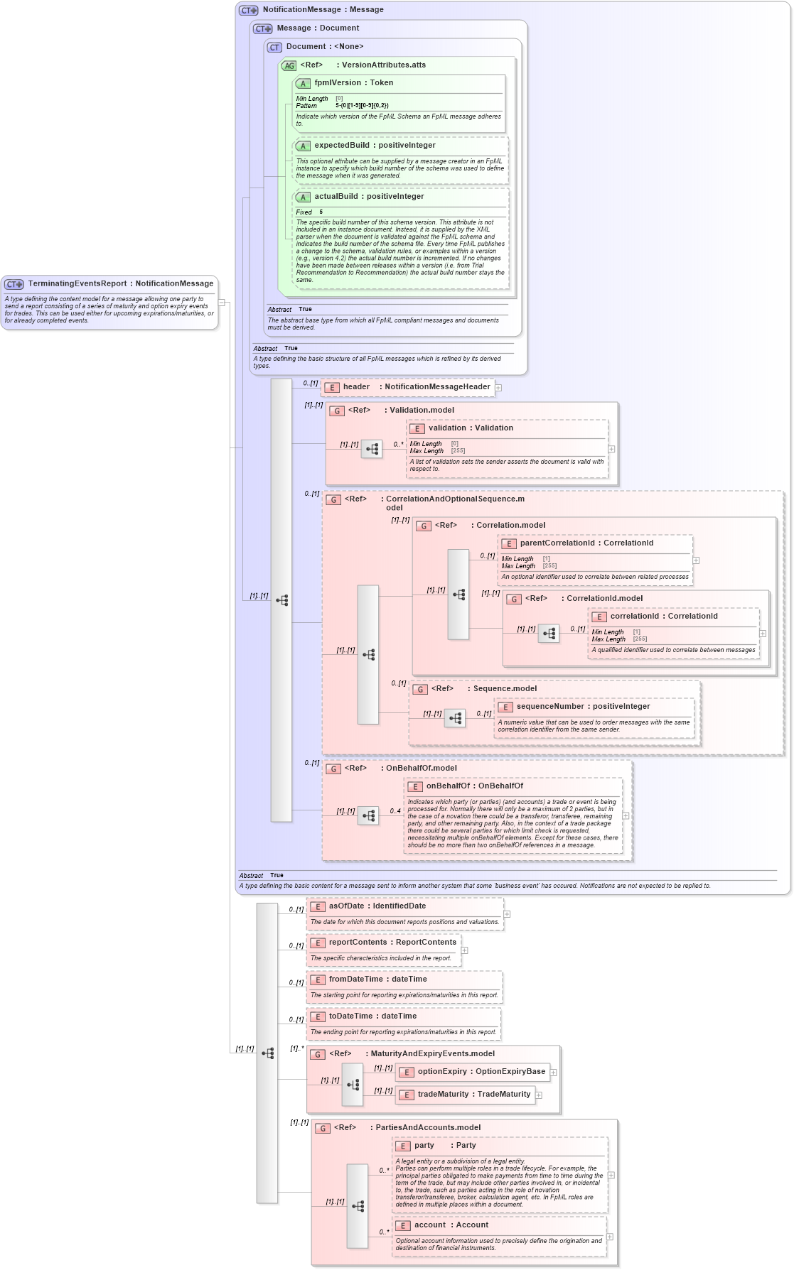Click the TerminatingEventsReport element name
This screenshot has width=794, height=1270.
point(77,283)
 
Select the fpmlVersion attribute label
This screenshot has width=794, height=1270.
point(338,83)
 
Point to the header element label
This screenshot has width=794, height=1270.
point(356,387)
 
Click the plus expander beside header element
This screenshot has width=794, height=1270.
point(498,388)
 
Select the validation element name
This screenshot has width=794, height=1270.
point(447,428)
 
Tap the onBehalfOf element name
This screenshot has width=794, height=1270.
point(448,786)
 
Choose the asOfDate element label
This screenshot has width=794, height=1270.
point(346,906)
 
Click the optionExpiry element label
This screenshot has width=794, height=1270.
point(442,1072)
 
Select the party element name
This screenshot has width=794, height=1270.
point(424,1146)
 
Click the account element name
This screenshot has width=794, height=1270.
point(430,1225)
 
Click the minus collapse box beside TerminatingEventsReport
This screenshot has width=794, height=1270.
point(222,303)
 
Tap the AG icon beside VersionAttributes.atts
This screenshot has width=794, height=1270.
point(289,66)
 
